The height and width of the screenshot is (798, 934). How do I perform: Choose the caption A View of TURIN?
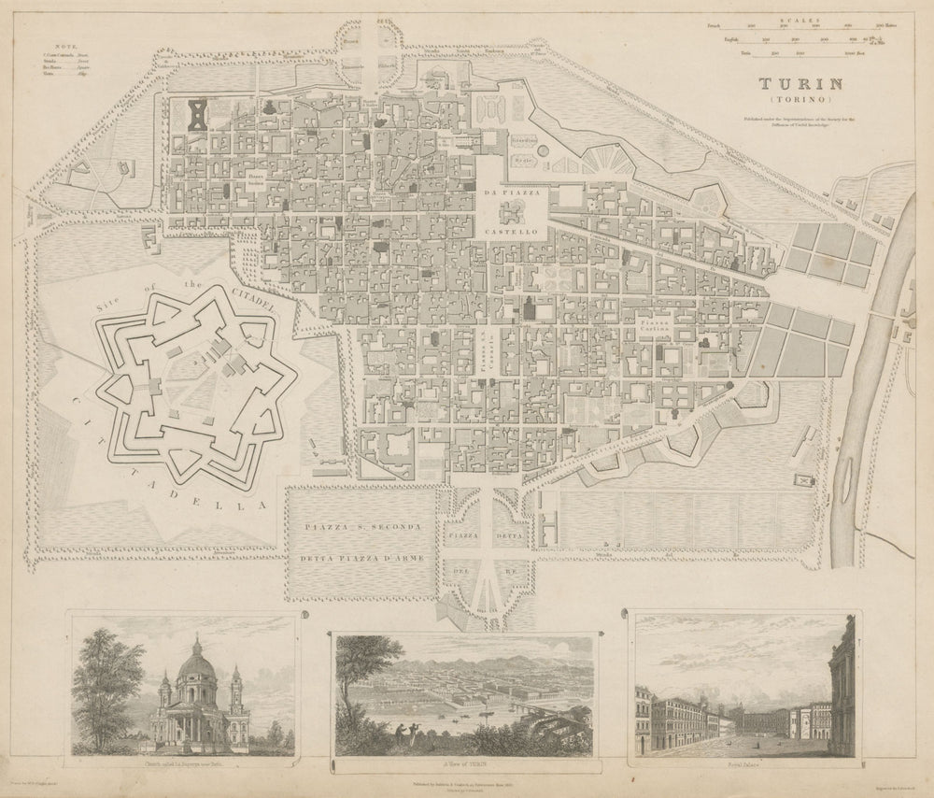(x=464, y=762)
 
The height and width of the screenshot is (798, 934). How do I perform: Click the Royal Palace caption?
(x=743, y=761)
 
